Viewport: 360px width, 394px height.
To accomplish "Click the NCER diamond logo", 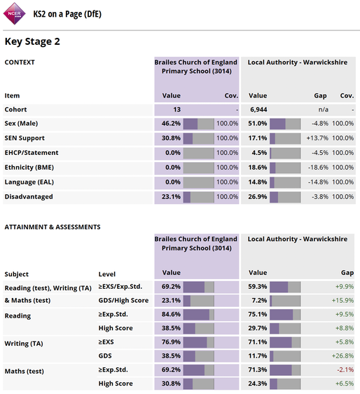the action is [14, 13].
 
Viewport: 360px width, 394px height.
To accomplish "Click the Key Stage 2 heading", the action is [32, 41].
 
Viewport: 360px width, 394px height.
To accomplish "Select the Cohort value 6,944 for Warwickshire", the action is [258, 109].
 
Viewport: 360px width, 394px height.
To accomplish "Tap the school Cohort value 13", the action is [176, 109].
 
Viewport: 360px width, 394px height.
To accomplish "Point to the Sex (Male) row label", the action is [21, 123].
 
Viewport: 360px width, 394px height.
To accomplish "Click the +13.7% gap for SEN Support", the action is [317, 138].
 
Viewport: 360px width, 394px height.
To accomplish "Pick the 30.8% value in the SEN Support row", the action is [171, 138].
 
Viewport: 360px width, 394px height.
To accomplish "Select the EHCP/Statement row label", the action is [32, 153].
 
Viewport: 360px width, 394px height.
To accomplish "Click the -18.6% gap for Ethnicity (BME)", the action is [318, 168].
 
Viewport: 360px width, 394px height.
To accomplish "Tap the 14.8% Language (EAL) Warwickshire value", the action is [258, 182].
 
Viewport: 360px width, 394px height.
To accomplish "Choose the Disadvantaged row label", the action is [29, 196].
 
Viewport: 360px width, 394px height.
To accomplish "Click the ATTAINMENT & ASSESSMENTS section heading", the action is [53, 227].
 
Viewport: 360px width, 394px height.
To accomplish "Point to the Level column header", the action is [107, 274].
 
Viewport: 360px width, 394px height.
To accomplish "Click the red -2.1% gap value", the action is [345, 369].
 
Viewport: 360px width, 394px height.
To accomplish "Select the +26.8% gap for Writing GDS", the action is [342, 356].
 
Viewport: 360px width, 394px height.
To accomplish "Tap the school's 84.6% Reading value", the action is [171, 314].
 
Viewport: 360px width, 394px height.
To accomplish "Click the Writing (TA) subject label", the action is [24, 344].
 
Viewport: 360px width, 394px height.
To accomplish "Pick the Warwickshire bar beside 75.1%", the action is [285, 315].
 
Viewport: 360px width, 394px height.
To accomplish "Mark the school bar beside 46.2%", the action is [199, 124].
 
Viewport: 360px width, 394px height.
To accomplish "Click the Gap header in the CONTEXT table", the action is [320, 96].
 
